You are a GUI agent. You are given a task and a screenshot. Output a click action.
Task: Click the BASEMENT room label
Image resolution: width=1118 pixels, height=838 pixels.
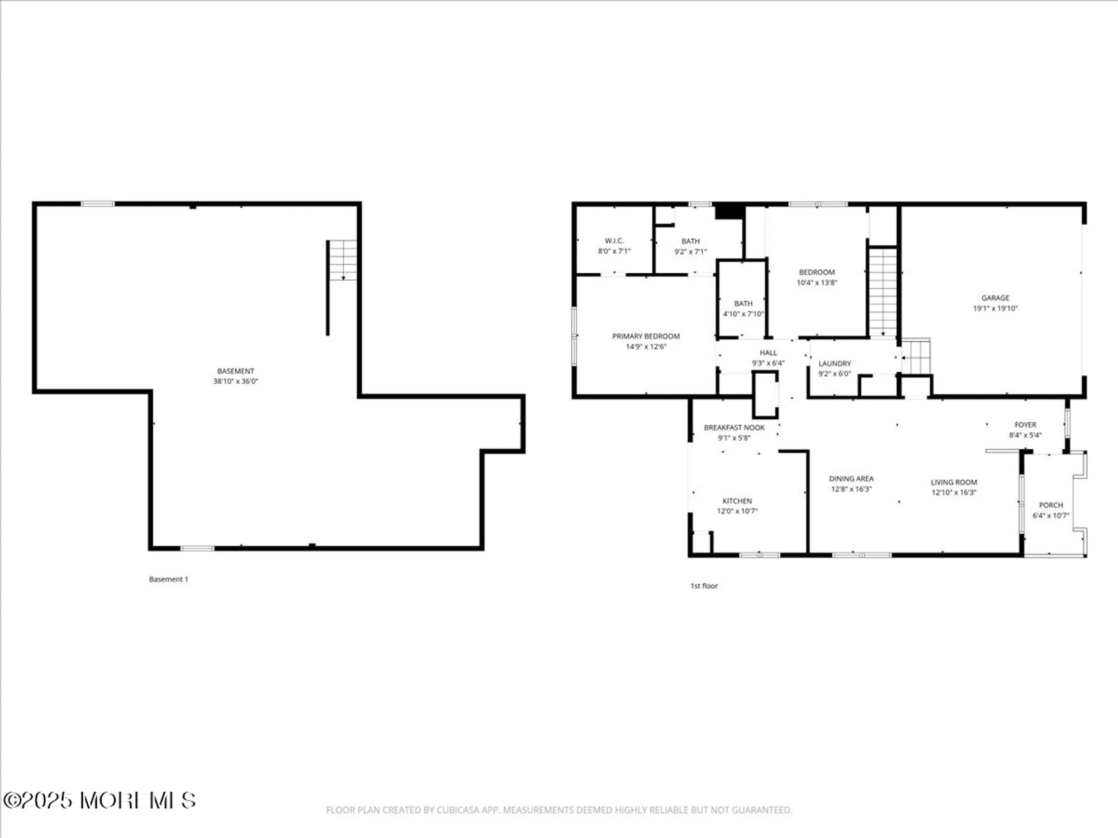pyautogui.click(x=235, y=371)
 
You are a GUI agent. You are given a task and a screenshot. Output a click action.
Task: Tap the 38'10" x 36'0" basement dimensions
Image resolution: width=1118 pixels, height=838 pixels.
pyautogui.click(x=235, y=382)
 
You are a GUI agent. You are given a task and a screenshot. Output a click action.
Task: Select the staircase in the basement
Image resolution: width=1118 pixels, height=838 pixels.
pyautogui.click(x=342, y=260)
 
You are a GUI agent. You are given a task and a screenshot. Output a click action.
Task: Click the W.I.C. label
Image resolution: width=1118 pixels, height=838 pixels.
pyautogui.click(x=614, y=241)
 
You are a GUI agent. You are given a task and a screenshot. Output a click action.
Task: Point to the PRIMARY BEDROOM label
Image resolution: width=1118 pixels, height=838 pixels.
pyautogui.click(x=646, y=336)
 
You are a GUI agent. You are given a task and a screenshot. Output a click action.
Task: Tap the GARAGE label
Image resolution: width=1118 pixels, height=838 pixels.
pyautogui.click(x=995, y=298)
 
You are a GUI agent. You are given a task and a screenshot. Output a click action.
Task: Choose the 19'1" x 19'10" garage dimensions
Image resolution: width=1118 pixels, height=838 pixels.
pyautogui.click(x=995, y=308)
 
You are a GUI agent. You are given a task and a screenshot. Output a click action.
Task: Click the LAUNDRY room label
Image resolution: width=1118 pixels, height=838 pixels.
pyautogui.click(x=835, y=364)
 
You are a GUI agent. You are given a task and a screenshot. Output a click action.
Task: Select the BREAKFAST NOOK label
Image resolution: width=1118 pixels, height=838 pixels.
pyautogui.click(x=734, y=427)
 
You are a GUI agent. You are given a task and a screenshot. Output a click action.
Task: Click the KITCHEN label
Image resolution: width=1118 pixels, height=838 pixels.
pyautogui.click(x=737, y=501)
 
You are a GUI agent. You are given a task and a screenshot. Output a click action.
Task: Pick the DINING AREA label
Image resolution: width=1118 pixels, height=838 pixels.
pyautogui.click(x=851, y=479)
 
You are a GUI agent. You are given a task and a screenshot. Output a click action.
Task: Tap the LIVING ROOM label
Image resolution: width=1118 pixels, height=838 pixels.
pyautogui.click(x=954, y=482)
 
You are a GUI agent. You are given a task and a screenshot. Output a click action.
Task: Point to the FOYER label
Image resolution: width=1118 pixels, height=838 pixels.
pyautogui.click(x=1025, y=425)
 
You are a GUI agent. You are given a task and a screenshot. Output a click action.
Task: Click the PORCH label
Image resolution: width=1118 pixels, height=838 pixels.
pyautogui.click(x=1051, y=505)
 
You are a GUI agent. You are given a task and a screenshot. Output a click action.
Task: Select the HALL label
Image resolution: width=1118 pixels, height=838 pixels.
pyautogui.click(x=768, y=353)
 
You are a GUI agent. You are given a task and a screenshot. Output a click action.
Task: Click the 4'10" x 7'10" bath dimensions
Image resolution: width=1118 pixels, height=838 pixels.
pyautogui.click(x=743, y=314)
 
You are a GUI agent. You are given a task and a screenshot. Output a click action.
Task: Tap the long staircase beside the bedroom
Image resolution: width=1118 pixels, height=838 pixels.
pyautogui.click(x=883, y=292)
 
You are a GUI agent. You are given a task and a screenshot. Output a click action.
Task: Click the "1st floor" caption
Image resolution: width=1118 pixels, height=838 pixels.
pyautogui.click(x=704, y=586)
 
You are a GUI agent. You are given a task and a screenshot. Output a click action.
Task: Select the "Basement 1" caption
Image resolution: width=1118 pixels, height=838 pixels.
pyautogui.click(x=168, y=579)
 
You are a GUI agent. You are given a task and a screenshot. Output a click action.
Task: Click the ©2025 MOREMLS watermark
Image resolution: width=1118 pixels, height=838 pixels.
pyautogui.click(x=100, y=801)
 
